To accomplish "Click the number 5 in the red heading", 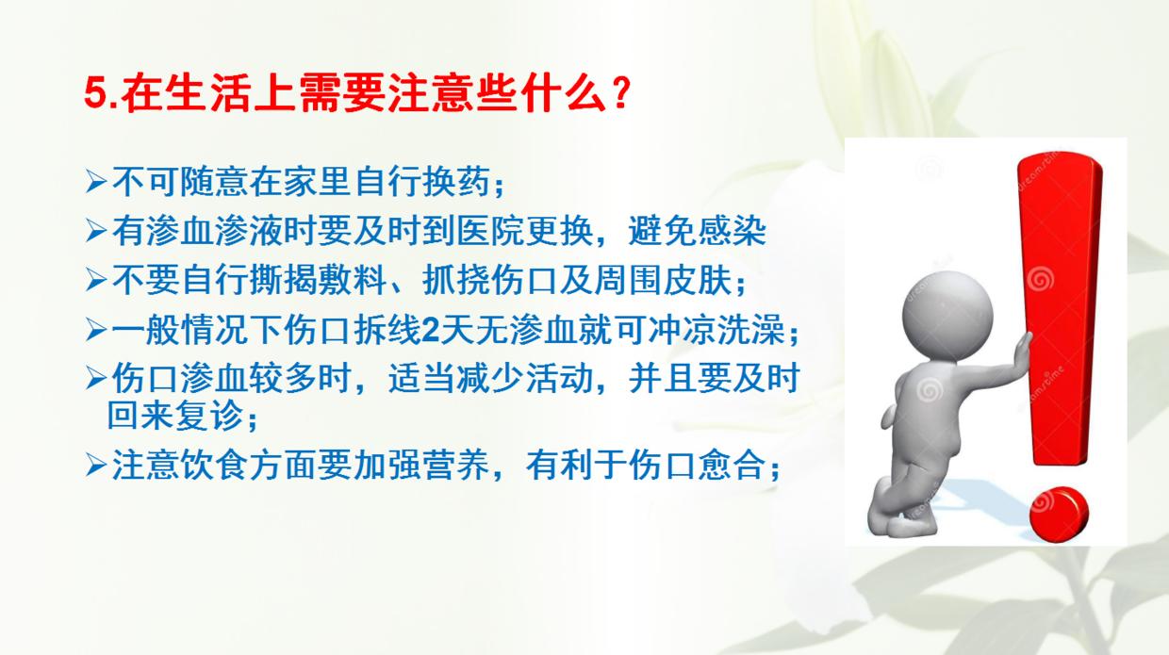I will (94, 95).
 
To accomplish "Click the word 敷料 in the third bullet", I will (354, 280).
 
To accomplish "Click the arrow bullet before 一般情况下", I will (96, 331).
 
